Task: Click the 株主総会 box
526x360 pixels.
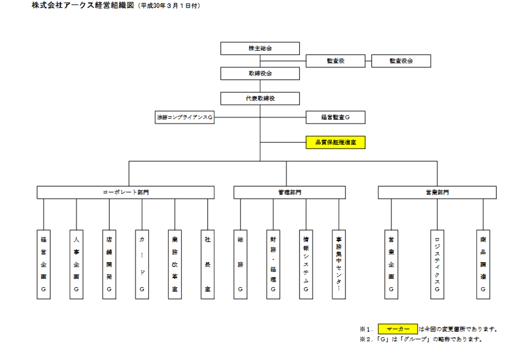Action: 260,48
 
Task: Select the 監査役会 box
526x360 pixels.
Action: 401,61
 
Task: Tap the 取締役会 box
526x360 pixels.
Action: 260,73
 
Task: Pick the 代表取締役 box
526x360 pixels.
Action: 260,98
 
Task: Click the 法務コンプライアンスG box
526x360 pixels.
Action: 185,117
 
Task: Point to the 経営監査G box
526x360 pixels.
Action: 335,117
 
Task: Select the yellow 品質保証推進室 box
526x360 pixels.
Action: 335,142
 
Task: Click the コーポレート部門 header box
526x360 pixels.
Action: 126,192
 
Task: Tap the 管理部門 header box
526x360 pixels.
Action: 289,192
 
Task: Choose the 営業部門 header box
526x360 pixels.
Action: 437,192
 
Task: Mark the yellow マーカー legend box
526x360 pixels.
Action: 398,329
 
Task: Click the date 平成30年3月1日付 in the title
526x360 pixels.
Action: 168,6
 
